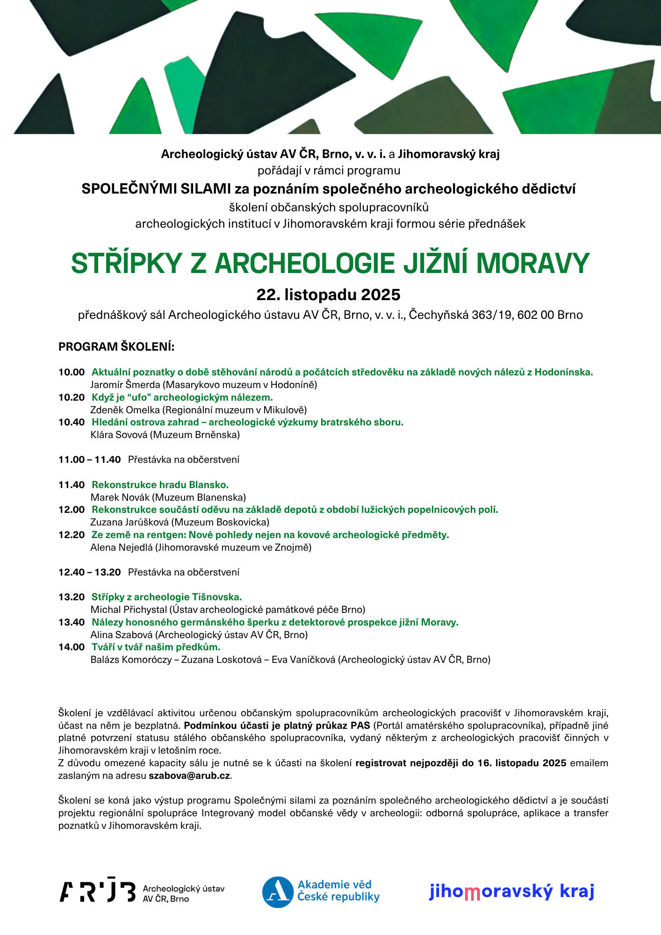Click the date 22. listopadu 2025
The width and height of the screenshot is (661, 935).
pos(328,295)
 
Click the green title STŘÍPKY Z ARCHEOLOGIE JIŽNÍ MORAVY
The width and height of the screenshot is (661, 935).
pos(330,264)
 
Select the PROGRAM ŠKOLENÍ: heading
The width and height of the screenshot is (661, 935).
pos(116,347)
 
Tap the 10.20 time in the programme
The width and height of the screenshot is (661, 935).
pos(72,398)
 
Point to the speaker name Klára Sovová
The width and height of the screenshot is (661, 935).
pos(119,435)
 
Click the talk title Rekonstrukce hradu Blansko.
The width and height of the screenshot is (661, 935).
pos(160,485)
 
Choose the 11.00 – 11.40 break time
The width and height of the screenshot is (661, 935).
pos(89,460)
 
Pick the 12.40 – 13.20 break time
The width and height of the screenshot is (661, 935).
pos(89,573)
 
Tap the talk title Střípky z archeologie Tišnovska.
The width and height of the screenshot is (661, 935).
pos(166,597)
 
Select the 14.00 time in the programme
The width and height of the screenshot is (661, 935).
pos(72,647)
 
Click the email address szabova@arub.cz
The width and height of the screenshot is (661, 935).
pos(189,776)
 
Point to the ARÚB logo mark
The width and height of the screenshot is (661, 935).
pos(97,892)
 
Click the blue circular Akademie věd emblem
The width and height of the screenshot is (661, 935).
pos(278,892)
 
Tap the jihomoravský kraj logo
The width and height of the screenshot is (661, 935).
pos(511,892)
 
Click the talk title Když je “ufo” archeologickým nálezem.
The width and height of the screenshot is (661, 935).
pos(182,398)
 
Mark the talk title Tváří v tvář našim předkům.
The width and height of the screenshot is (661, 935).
pos(156,647)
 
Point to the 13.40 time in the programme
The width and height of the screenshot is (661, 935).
pos(72,623)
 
